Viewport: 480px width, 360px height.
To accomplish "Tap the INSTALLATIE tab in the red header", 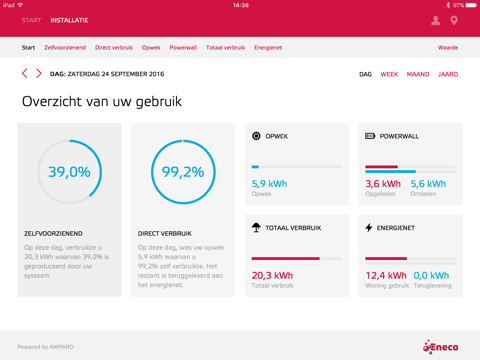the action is (69, 20).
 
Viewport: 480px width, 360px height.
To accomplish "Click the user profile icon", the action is (435, 20).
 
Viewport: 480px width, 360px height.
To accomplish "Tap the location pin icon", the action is (454, 21).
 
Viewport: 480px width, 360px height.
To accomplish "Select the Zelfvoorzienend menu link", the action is (65, 48).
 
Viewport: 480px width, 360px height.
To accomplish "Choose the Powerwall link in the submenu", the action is (183, 48).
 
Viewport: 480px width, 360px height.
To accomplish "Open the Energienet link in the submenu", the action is (268, 48).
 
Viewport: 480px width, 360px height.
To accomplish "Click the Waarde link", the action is (448, 48).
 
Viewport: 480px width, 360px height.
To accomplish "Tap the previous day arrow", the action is (25, 73).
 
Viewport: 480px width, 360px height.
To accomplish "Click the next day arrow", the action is (39, 73).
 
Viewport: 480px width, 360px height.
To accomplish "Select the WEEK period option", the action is (389, 74).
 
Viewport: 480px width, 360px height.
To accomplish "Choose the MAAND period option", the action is (418, 74).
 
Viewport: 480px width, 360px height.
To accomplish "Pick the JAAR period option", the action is (448, 74).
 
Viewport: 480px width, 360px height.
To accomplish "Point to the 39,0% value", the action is (69, 172).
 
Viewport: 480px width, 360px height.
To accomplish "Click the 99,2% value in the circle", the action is (183, 172).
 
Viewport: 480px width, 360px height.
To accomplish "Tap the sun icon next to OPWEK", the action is (256, 136).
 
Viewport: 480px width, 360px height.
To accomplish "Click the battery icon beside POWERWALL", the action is (370, 136).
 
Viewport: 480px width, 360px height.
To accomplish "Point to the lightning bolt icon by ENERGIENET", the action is (369, 228).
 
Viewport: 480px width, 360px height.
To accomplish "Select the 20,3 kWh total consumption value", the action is (272, 276).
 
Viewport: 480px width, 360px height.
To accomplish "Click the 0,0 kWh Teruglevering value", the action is (431, 276).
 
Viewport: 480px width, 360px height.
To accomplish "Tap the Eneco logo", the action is (440, 347).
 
